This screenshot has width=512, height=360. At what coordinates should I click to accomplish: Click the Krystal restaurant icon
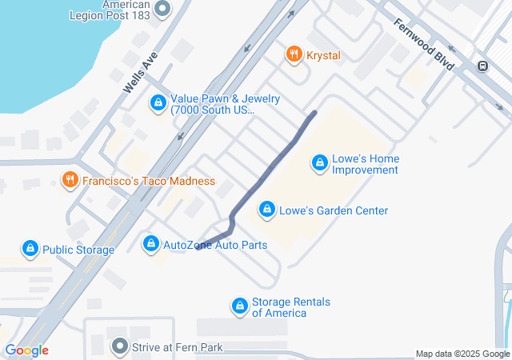294,55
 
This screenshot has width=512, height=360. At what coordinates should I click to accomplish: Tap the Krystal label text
322,55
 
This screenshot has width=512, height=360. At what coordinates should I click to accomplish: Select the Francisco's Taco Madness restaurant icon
70,181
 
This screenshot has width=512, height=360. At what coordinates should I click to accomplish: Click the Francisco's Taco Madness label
149,181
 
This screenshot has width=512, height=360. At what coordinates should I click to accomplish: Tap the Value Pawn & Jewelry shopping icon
158,104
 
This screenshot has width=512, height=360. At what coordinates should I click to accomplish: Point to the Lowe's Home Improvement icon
319,164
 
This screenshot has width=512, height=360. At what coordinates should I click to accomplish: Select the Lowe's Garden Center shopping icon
266,210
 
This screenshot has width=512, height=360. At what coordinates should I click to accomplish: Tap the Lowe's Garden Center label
334,210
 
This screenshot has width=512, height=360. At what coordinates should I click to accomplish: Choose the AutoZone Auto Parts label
215,244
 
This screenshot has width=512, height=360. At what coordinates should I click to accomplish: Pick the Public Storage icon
30,250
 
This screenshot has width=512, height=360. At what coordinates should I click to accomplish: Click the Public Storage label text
78,250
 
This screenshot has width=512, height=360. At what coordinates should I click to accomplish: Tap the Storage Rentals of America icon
239,306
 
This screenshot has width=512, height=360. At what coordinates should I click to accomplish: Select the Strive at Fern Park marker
120,347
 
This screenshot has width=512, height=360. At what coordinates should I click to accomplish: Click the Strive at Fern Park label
178,347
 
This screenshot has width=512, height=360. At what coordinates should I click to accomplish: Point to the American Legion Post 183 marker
162,10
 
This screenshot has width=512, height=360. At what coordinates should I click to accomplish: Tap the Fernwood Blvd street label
424,44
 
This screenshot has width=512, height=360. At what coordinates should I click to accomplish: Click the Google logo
26,350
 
